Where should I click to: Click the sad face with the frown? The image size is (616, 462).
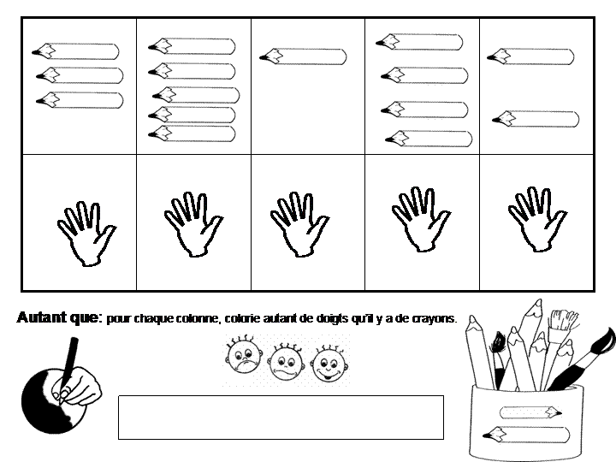click(x=243, y=356)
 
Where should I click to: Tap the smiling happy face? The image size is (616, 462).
click(x=329, y=364)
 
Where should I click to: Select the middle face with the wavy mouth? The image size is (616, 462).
click(x=287, y=362)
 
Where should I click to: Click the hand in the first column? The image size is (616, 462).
click(x=86, y=234)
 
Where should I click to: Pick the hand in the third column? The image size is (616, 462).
click(x=299, y=224)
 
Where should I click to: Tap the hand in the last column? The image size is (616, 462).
click(x=537, y=219)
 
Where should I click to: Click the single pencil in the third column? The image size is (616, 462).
click(x=303, y=56)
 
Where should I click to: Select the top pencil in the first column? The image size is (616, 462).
click(x=75, y=51)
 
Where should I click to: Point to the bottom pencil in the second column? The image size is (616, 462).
click(x=192, y=133)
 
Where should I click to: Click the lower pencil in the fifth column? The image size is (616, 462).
click(x=536, y=119)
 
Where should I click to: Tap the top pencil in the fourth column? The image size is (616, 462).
click(x=419, y=42)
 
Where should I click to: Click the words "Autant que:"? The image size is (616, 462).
click(x=60, y=317)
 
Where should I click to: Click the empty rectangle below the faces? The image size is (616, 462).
click(x=281, y=418)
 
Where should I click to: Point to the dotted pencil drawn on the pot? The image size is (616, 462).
click(x=530, y=412)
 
